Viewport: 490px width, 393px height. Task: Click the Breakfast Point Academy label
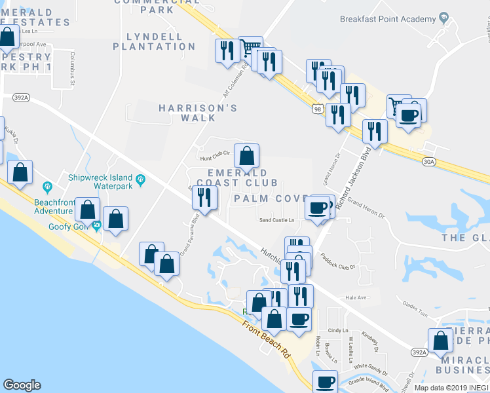pyautogui.click(x=388, y=18)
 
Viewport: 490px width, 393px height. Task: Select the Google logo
pyautogui.click(x=22, y=385)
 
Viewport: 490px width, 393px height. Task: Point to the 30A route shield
pyautogui.click(x=429, y=160)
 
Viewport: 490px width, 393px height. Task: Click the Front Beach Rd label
pyautogui.click(x=266, y=339)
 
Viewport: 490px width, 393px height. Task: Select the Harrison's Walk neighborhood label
pyautogui.click(x=187, y=112)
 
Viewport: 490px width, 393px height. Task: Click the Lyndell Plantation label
pyautogui.click(x=154, y=41)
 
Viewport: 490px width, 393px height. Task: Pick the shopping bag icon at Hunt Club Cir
pyautogui.click(x=246, y=156)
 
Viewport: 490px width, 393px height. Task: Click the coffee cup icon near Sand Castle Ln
pyautogui.click(x=318, y=208)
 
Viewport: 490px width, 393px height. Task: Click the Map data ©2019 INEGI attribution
pyautogui.click(x=451, y=388)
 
